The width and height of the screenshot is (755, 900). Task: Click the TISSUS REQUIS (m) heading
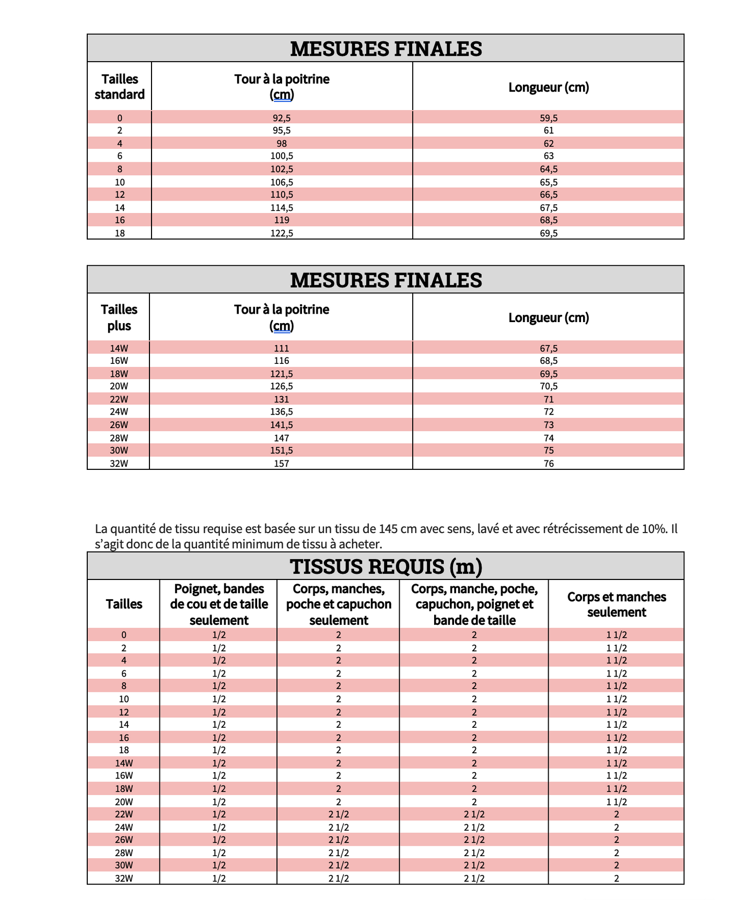[386, 566]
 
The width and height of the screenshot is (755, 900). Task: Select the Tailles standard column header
[120, 87]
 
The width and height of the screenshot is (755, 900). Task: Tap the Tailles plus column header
[119, 317]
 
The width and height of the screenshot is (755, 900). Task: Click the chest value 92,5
[282, 118]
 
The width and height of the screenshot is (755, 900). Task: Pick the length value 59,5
[549, 118]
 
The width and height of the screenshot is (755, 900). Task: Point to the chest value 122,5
[282, 233]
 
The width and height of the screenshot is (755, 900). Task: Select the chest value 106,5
[282, 182]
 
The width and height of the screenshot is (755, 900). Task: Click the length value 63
[549, 156]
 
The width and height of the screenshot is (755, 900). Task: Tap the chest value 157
[282, 464]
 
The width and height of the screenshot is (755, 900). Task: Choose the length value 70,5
[549, 386]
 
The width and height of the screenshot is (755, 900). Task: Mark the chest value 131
[282, 399]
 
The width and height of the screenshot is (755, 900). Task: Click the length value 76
[549, 464]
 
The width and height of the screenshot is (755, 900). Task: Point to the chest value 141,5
[282, 425]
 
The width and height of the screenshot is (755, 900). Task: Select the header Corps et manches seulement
[617, 605]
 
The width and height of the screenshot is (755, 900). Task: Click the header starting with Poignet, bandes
[219, 605]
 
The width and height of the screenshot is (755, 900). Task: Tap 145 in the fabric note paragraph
[389, 529]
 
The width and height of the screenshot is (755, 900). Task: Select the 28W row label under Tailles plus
[119, 438]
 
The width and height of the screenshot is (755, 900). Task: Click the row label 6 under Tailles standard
[120, 156]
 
